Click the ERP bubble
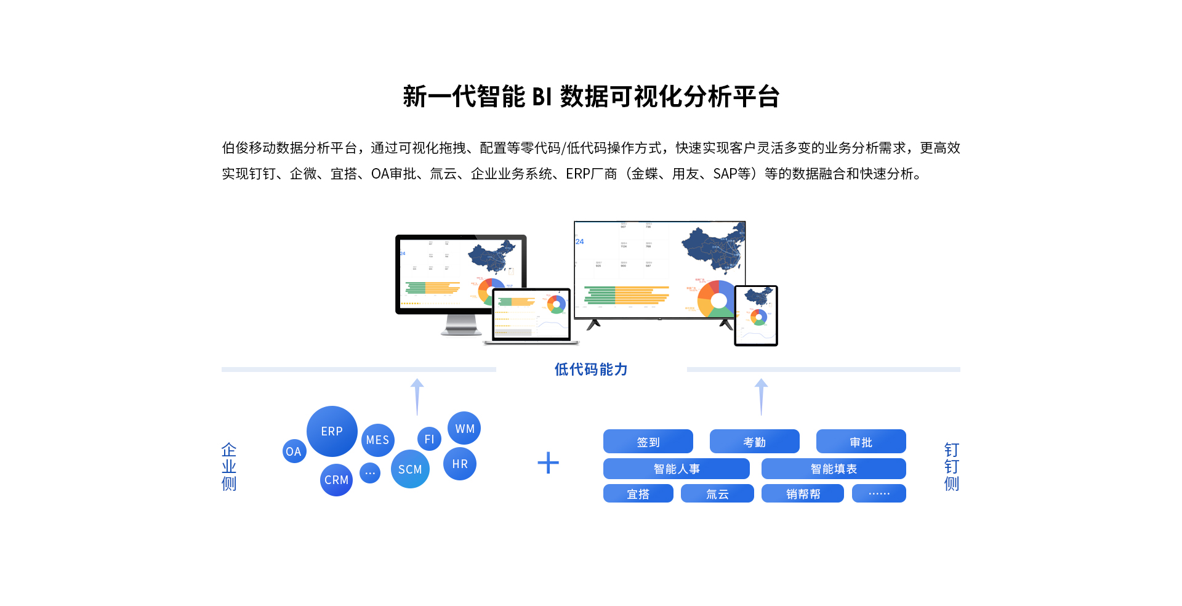pyautogui.click(x=332, y=431)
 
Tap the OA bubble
pyautogui.click(x=294, y=451)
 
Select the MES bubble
pyautogui.click(x=377, y=440)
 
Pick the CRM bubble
pyautogui.click(x=336, y=480)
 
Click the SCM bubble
pyautogui.click(x=410, y=469)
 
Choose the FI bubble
pyautogui.click(x=429, y=439)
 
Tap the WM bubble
pyautogui.click(x=464, y=428)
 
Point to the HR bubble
pyautogui.click(x=460, y=464)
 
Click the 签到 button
pyautogui.click(x=648, y=442)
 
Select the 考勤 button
pyautogui.click(x=754, y=442)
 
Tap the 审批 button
pyautogui.click(x=861, y=442)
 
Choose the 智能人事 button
pyautogui.click(x=676, y=469)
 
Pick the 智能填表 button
pyautogui.click(x=833, y=469)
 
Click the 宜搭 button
pyautogui.click(x=638, y=494)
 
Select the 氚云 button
pyautogui.click(x=717, y=494)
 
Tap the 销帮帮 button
pyautogui.click(x=802, y=494)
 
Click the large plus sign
pyautogui.click(x=548, y=463)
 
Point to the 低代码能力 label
pyautogui.click(x=591, y=369)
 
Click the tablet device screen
pyautogui.click(x=756, y=315)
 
